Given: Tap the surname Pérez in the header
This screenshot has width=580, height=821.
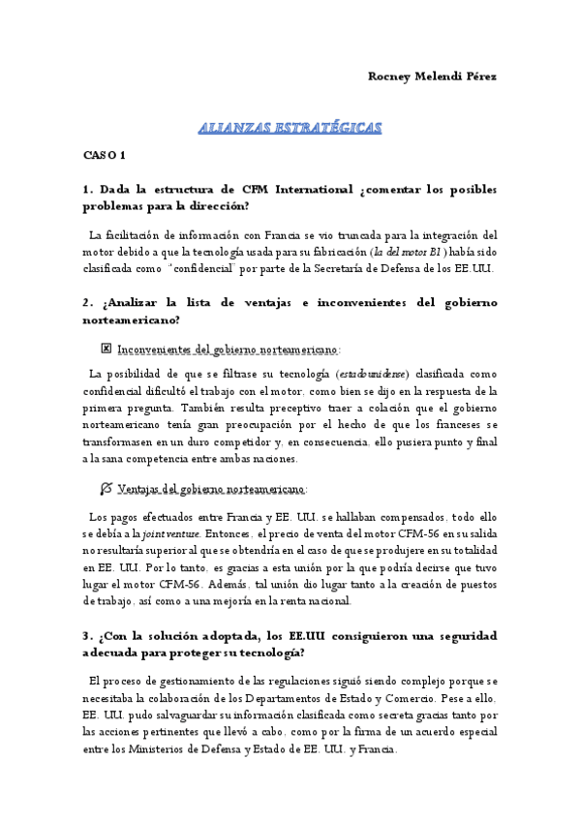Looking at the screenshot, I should coord(476,76).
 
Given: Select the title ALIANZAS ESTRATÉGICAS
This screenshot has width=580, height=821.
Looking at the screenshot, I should coord(290,128).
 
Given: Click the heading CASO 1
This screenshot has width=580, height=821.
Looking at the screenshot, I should coord(104,155).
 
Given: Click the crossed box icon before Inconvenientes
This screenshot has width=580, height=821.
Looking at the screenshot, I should coord(107,348).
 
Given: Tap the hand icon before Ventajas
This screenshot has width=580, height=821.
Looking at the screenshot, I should coord(107,487).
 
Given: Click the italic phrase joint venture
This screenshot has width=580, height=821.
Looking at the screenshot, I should coord(171,532).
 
